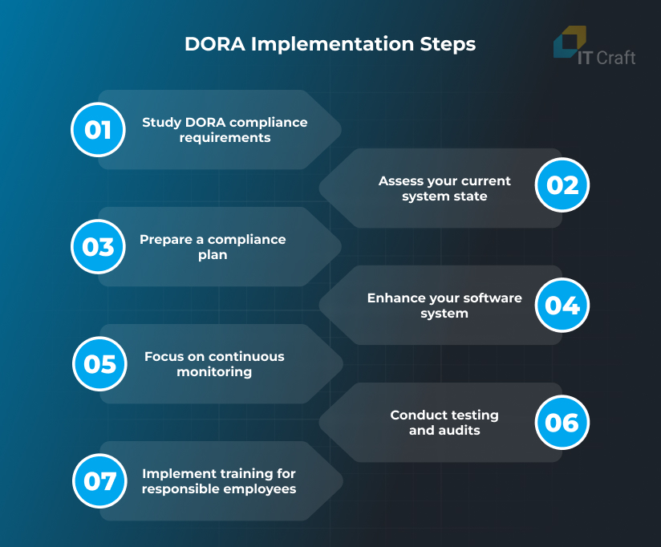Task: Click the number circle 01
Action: (x=98, y=130)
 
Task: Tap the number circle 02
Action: (x=562, y=185)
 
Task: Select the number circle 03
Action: (x=98, y=247)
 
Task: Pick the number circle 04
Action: (x=562, y=306)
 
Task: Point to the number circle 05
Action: (x=99, y=364)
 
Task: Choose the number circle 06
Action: (x=562, y=423)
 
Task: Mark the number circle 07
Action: (x=99, y=481)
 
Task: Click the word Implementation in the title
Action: (x=332, y=45)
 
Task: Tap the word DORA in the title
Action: (x=215, y=44)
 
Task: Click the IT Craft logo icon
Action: (x=570, y=42)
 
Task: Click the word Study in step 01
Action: (x=161, y=123)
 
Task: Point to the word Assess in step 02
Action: (x=400, y=180)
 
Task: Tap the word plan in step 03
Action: (x=213, y=255)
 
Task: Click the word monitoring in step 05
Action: (x=214, y=372)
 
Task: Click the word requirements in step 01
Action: (x=225, y=138)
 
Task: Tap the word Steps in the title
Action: (x=448, y=45)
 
